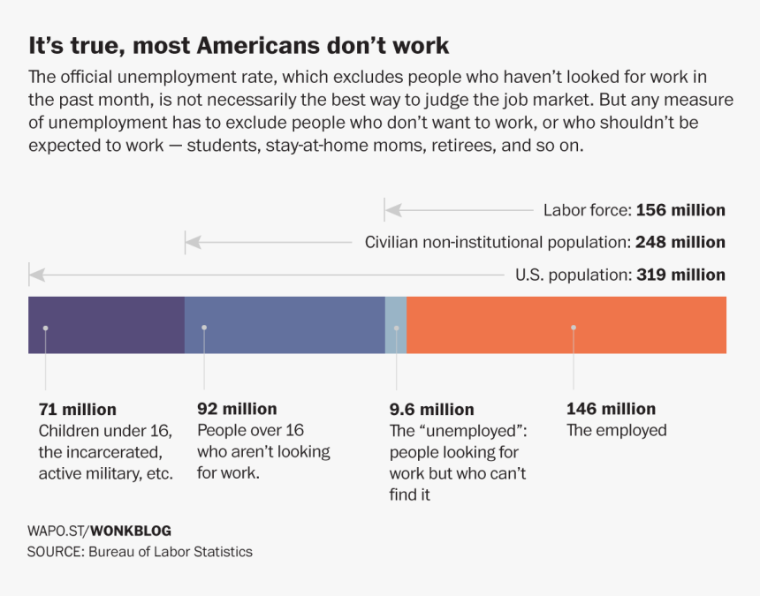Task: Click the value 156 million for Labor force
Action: point(680,210)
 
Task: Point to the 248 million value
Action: point(680,242)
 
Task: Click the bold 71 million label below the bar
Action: point(77,410)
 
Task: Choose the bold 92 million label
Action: point(237,409)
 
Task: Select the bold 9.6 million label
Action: point(431,410)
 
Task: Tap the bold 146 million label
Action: point(611,409)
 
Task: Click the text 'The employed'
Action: point(616,431)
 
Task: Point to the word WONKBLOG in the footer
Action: point(131,531)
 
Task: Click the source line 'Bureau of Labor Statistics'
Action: point(170,552)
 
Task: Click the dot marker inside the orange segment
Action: point(574,328)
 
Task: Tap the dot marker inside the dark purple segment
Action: point(45,328)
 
